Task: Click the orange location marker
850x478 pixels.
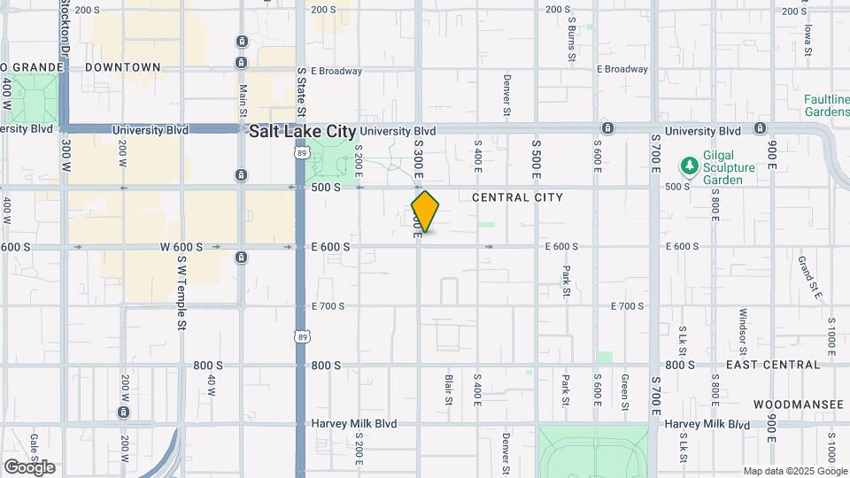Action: pyautogui.click(x=425, y=211)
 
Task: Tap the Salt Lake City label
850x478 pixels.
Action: pyautogui.click(x=302, y=130)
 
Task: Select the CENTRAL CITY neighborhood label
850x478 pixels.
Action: pyautogui.click(x=517, y=197)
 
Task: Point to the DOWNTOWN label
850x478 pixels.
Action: pyautogui.click(x=123, y=67)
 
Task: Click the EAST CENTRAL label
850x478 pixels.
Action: pyautogui.click(x=772, y=365)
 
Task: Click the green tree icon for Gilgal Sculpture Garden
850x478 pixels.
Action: pyautogui.click(x=688, y=166)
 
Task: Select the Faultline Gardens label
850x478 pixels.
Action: pyautogui.click(x=826, y=105)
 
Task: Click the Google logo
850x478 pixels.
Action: pyautogui.click(x=29, y=466)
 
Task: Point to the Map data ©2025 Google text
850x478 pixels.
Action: pyautogui.click(x=795, y=471)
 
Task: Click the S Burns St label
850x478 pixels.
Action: pyautogui.click(x=572, y=35)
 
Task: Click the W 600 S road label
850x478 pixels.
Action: pyautogui.click(x=182, y=247)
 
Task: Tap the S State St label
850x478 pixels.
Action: pyautogui.click(x=301, y=91)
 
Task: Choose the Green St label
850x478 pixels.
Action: pyautogui.click(x=624, y=390)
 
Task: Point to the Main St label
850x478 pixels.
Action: pyautogui.click(x=243, y=97)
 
